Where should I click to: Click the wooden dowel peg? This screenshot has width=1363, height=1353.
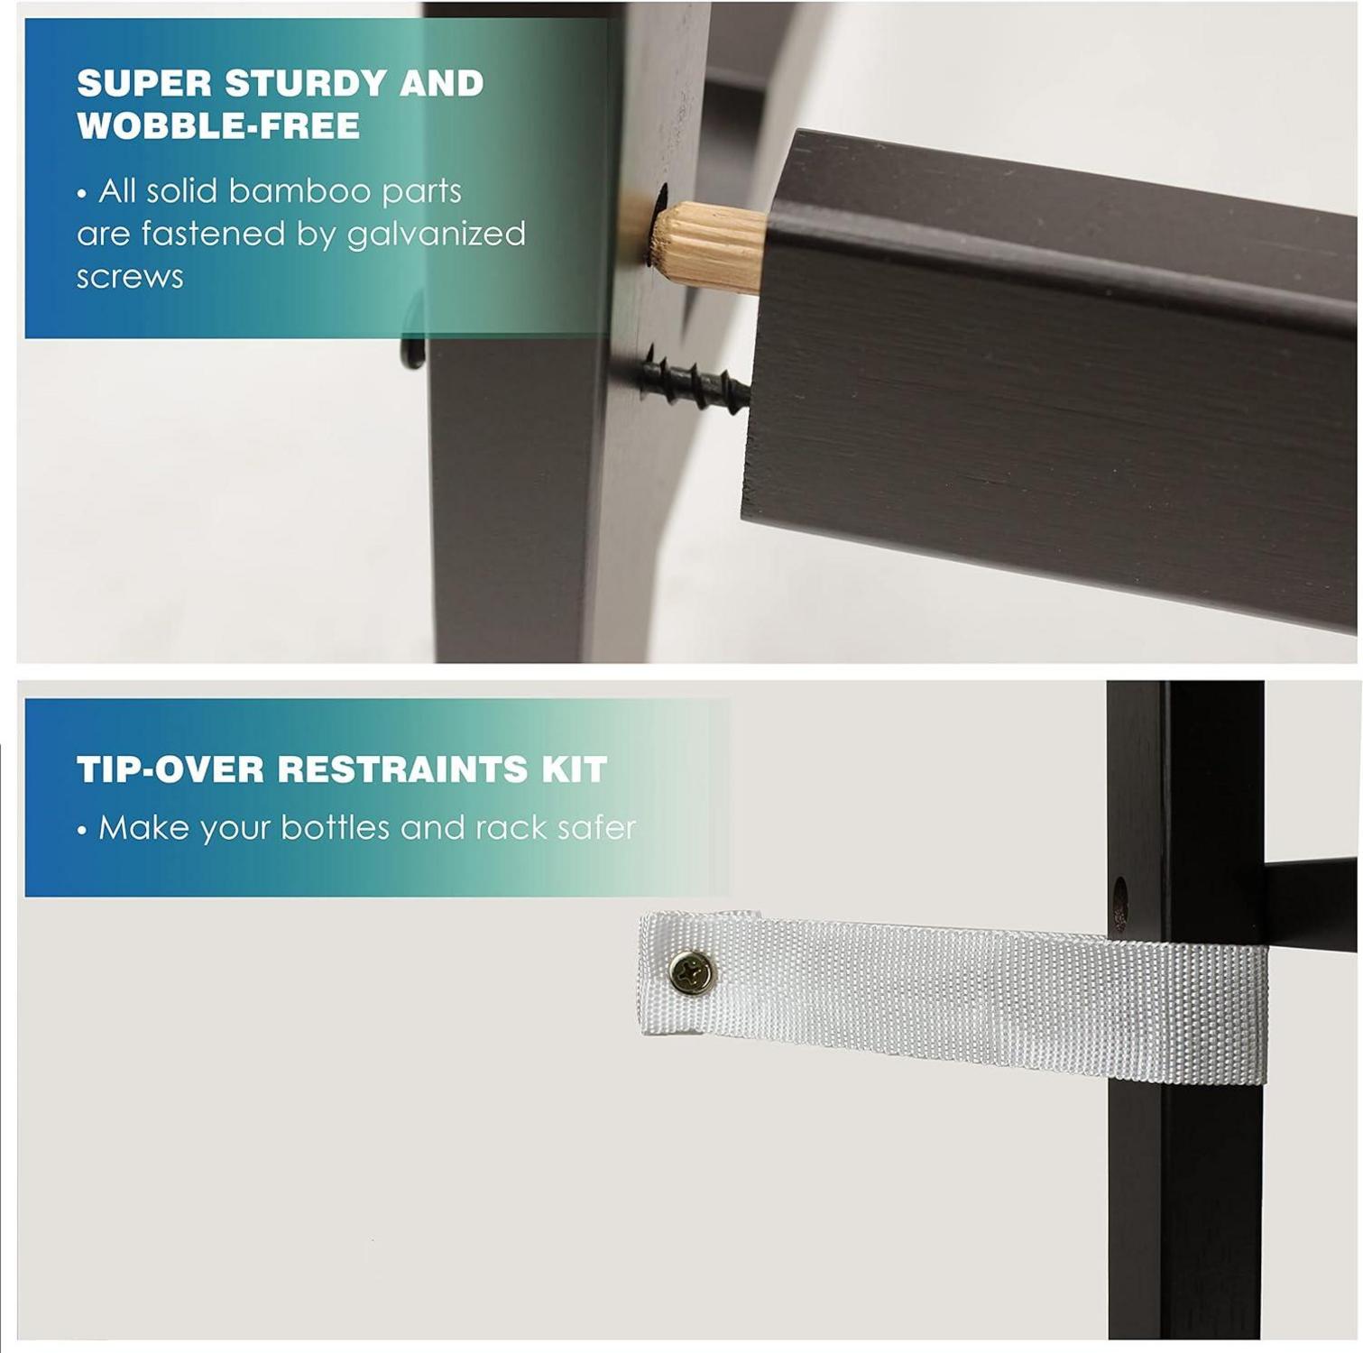(x=707, y=245)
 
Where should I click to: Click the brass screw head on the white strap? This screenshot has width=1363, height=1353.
(x=692, y=973)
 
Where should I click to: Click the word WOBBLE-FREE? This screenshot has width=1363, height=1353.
(x=218, y=126)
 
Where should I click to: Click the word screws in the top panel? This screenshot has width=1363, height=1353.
(x=130, y=277)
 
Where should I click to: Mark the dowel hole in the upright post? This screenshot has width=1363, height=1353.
(x=658, y=221)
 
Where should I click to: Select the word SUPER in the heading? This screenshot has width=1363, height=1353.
(x=144, y=83)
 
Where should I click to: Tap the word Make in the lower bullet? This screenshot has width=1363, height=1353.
(x=143, y=827)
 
